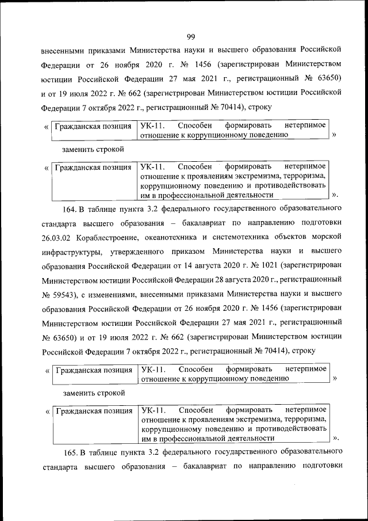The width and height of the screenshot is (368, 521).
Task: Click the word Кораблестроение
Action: [108, 237]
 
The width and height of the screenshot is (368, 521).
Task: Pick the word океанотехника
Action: [174, 237]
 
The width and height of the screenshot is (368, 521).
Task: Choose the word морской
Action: [328, 237]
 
